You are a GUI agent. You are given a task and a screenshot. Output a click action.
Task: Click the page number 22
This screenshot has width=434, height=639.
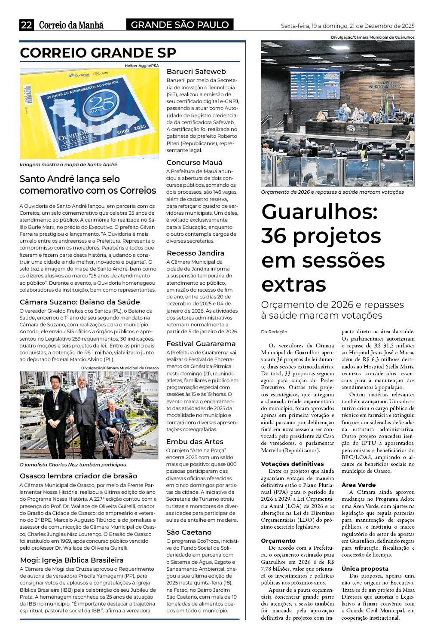point(27,25)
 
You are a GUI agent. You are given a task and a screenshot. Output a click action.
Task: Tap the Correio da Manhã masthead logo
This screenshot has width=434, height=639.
point(71,25)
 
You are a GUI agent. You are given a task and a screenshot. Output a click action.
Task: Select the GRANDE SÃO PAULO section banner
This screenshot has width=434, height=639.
point(180,25)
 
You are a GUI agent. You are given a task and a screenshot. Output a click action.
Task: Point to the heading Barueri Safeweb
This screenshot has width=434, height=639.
point(196,71)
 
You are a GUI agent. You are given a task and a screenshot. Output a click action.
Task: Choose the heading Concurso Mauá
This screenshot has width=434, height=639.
point(194,162)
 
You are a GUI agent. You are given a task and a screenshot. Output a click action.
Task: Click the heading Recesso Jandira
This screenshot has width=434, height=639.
point(195,253)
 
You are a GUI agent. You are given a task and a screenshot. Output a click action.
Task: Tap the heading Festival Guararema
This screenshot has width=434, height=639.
point(201,344)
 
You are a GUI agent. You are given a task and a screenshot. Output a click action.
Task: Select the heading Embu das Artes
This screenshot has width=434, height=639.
point(195,441)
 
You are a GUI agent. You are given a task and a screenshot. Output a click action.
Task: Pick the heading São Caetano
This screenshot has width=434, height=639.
point(189,532)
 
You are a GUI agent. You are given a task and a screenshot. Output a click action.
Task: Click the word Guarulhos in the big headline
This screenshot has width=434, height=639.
point(319,211)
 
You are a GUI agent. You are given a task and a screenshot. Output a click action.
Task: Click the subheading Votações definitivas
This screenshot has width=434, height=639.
point(292,464)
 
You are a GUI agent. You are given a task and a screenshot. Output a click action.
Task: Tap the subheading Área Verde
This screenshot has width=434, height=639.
point(358,485)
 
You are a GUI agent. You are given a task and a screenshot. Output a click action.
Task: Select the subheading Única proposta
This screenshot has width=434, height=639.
point(365,569)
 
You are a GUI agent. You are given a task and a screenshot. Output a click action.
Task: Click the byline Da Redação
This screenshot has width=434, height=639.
point(274,332)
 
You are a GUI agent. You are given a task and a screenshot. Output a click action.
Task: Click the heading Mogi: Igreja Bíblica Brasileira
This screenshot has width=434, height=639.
point(72,560)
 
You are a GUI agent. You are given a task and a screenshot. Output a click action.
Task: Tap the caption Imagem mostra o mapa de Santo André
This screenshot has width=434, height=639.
point(68,164)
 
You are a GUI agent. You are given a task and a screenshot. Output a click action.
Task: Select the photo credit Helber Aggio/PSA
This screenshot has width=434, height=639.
point(141,66)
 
